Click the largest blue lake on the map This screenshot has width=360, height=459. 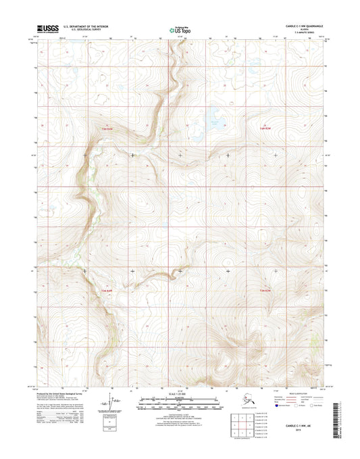214,112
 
